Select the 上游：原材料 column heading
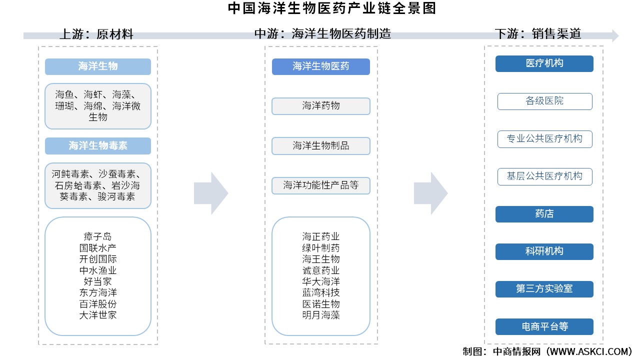coord(96,34)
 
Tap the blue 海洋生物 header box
coord(97,66)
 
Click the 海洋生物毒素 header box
coord(97,145)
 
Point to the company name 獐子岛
coord(97,236)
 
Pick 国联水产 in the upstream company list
coord(97,247)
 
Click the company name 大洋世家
coord(97,315)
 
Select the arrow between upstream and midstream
coord(210,193)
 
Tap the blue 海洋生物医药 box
coord(320,66)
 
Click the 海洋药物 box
coord(320,106)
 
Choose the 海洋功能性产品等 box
coord(320,185)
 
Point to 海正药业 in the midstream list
coord(320,236)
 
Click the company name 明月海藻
coord(320,315)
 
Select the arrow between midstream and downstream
coord(430,193)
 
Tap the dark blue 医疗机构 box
coord(544,63)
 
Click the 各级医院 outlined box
coord(544,101)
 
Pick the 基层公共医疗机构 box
coord(544,176)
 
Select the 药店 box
coord(544,214)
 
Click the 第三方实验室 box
coord(544,289)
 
